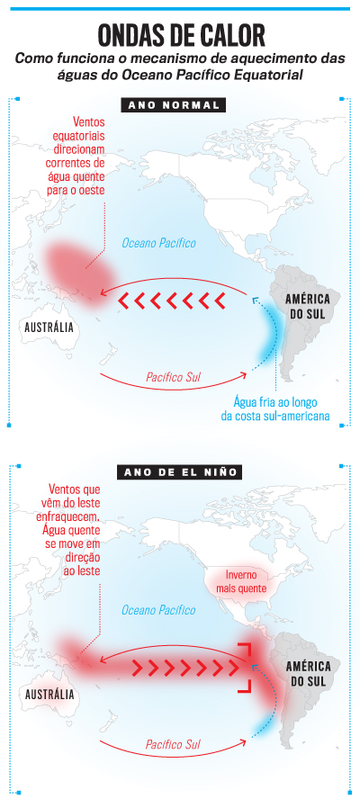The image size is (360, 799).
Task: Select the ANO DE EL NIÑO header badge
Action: pyautogui.click(x=175, y=471)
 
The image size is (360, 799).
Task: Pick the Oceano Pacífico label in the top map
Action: pyautogui.click(x=158, y=243)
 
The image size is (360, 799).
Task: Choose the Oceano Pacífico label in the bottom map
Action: pyautogui.click(x=158, y=610)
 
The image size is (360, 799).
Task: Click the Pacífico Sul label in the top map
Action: pyautogui.click(x=173, y=376)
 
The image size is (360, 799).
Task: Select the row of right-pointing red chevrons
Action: pyautogui.click(x=179, y=667)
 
